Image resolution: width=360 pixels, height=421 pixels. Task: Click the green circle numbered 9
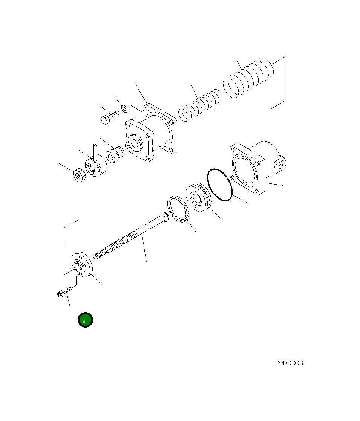[x=85, y=320]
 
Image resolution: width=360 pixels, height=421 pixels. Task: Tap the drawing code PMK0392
[x=291, y=363]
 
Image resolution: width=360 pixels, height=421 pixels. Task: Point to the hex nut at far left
[x=79, y=175]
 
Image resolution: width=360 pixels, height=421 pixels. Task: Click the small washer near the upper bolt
[x=124, y=109]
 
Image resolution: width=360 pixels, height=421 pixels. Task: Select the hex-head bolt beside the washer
[x=110, y=117]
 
